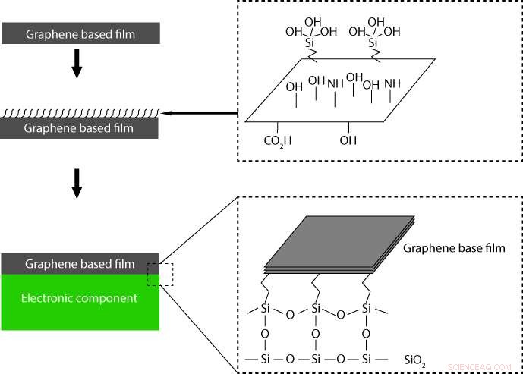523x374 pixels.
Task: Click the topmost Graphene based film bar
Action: (x=80, y=32)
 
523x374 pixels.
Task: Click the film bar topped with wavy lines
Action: (x=80, y=128)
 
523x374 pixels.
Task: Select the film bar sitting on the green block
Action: (x=80, y=264)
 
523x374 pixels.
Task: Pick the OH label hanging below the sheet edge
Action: (x=348, y=140)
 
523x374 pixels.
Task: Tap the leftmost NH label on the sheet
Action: (x=335, y=83)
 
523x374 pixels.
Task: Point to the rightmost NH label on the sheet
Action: (x=392, y=83)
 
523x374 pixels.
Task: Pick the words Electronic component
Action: (x=80, y=298)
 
